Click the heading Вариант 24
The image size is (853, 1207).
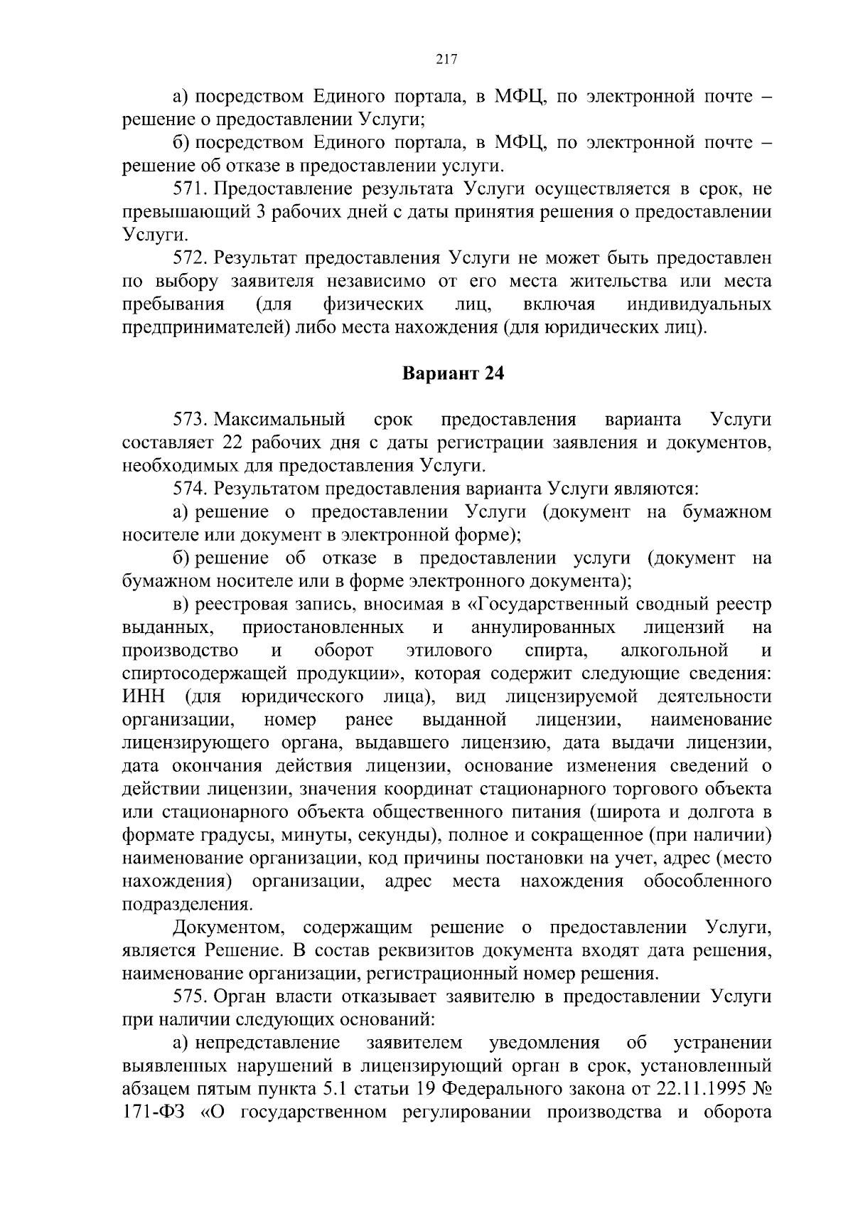click(x=454, y=374)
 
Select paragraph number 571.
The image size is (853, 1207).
click(x=189, y=189)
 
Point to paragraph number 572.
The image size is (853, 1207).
click(x=189, y=258)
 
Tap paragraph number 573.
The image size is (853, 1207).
click(x=189, y=420)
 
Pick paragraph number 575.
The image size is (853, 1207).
click(x=189, y=996)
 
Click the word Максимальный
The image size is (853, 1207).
click(x=279, y=420)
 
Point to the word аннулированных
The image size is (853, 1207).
click(x=542, y=628)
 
